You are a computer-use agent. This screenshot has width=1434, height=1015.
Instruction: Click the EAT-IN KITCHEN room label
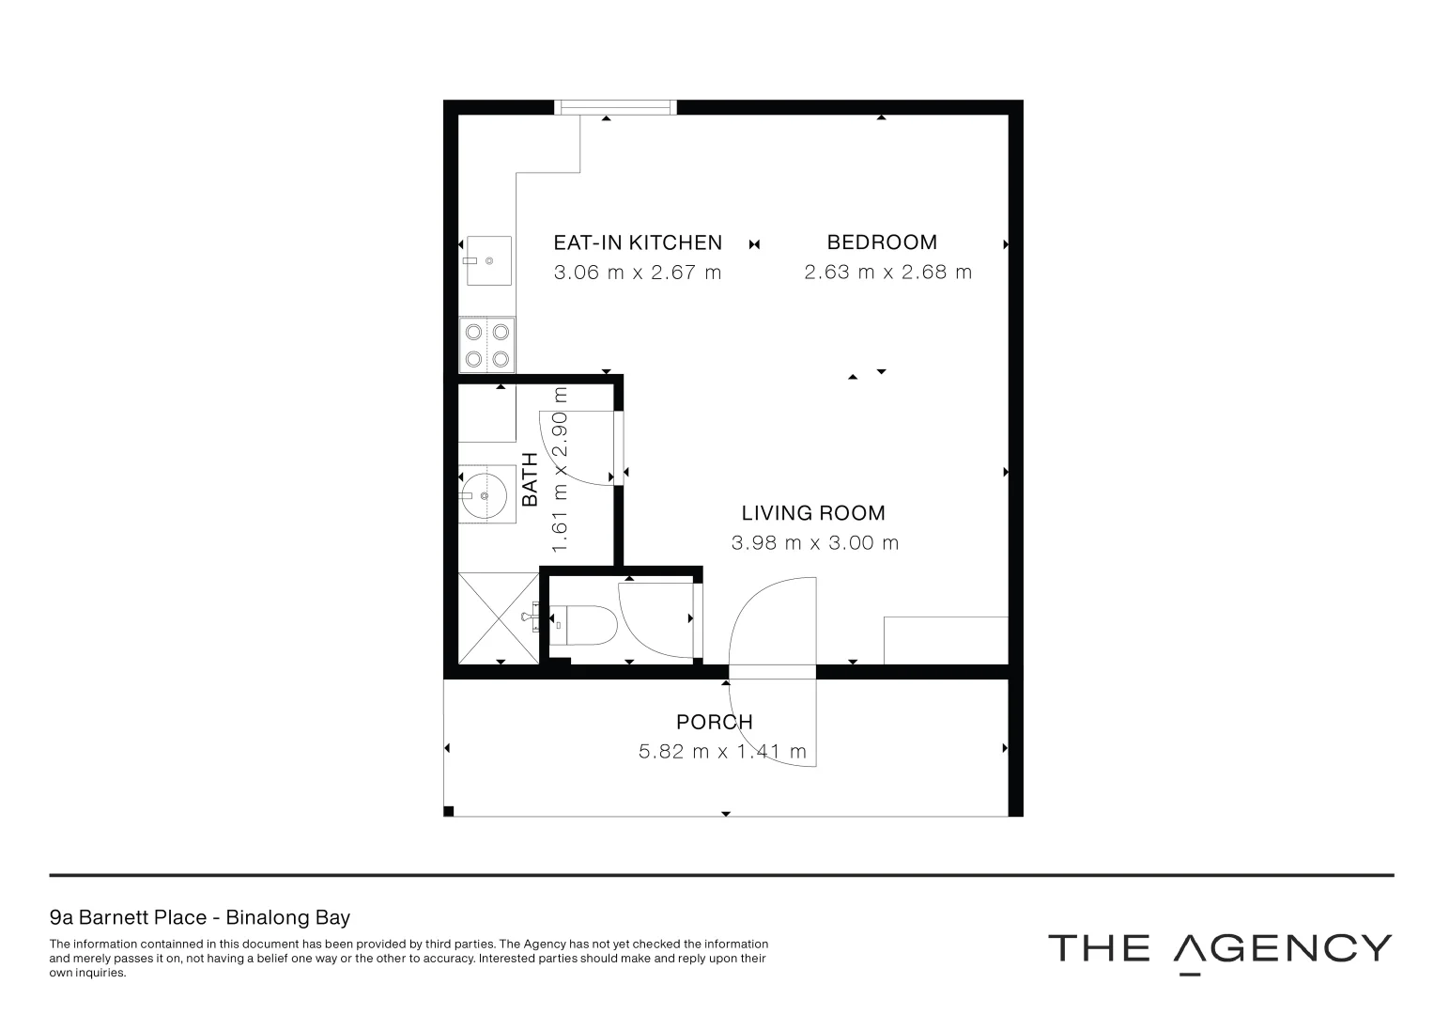[638, 242]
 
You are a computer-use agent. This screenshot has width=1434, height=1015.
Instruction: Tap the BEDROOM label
[882, 242]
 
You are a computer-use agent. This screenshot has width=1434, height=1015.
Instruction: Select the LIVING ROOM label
[813, 513]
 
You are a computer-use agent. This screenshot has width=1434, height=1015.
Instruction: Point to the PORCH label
[715, 722]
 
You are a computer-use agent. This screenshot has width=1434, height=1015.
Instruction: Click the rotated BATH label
[531, 479]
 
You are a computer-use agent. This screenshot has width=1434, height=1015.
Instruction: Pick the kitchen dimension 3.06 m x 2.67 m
[638, 273]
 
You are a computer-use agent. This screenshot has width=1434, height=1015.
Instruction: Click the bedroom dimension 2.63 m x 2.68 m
[887, 273]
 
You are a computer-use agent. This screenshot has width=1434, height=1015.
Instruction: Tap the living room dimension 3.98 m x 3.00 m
[814, 543]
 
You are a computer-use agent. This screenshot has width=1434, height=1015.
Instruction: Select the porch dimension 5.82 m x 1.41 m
[722, 752]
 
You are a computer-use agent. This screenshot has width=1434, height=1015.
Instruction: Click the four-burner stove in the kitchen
[486, 345]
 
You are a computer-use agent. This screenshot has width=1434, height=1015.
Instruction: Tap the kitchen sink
[487, 260]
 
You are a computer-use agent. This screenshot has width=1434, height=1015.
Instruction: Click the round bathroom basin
[485, 495]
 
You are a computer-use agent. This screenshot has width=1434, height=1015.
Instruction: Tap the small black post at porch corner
[449, 811]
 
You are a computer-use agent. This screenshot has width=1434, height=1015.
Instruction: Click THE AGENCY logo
[1219, 949]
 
